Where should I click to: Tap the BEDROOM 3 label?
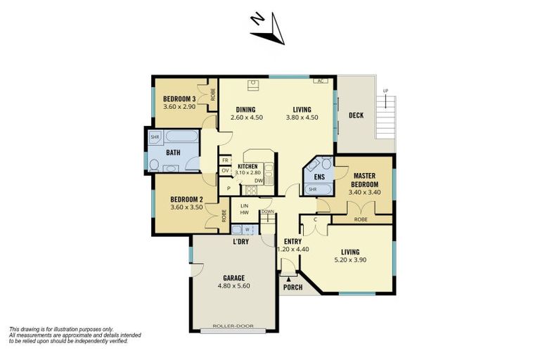tap(178, 98)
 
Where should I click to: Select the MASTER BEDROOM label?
tap(366, 180)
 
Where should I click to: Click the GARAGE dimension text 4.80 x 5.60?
tap(234, 286)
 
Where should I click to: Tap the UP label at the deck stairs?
tap(385, 91)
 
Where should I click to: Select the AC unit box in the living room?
tap(321, 81)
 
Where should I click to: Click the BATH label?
tap(173, 152)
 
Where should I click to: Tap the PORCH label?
tap(292, 288)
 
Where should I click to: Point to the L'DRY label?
tap(241, 243)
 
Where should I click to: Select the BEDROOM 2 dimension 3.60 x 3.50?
tap(186, 207)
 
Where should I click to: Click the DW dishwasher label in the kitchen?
tap(259, 180)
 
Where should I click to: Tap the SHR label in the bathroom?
tap(154, 136)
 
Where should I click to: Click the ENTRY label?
tap(292, 240)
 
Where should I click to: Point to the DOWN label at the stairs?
tap(267, 211)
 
